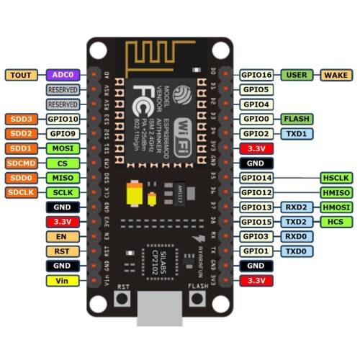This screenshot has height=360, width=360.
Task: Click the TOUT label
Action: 22,75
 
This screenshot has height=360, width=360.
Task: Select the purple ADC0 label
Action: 63,75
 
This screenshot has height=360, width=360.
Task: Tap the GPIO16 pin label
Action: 256,75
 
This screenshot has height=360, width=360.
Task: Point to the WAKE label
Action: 336,75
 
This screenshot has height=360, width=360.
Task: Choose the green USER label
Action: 296,75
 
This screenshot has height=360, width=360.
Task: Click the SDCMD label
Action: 22,163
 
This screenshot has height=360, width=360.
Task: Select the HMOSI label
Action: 336,207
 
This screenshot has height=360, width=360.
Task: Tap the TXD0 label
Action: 296,251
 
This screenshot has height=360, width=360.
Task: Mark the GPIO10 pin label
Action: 63,119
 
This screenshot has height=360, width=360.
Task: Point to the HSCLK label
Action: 336,178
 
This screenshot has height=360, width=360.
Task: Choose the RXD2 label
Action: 296,207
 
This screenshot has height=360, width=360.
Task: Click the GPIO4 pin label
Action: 256,104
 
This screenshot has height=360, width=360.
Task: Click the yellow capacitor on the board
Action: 134,194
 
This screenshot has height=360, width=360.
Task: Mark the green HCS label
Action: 336,222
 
